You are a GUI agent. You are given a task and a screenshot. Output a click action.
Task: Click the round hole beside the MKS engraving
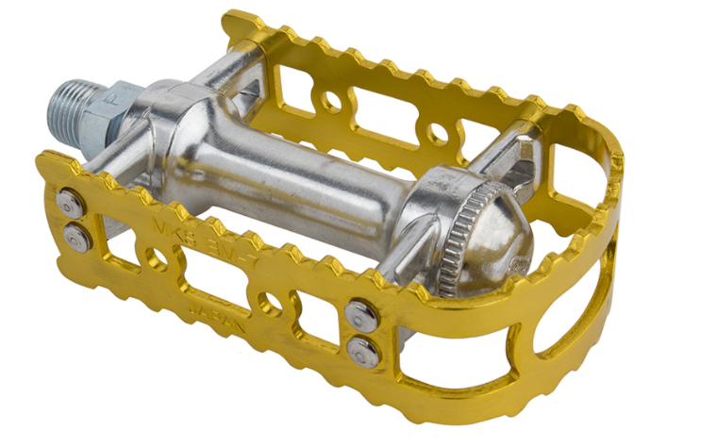152,257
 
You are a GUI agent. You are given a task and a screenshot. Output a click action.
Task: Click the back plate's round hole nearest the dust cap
437,133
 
